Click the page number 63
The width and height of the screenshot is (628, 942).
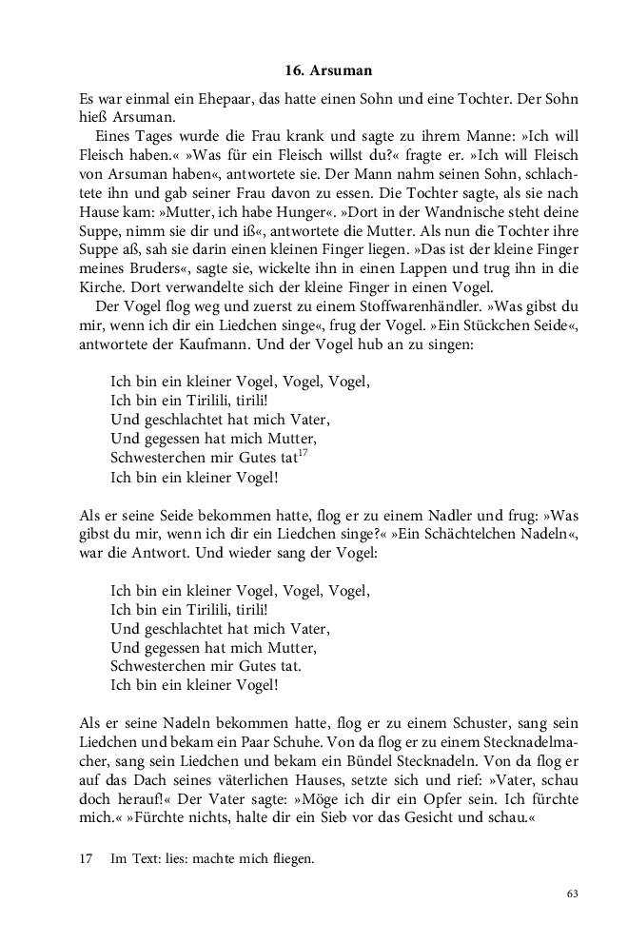pos(572,893)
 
